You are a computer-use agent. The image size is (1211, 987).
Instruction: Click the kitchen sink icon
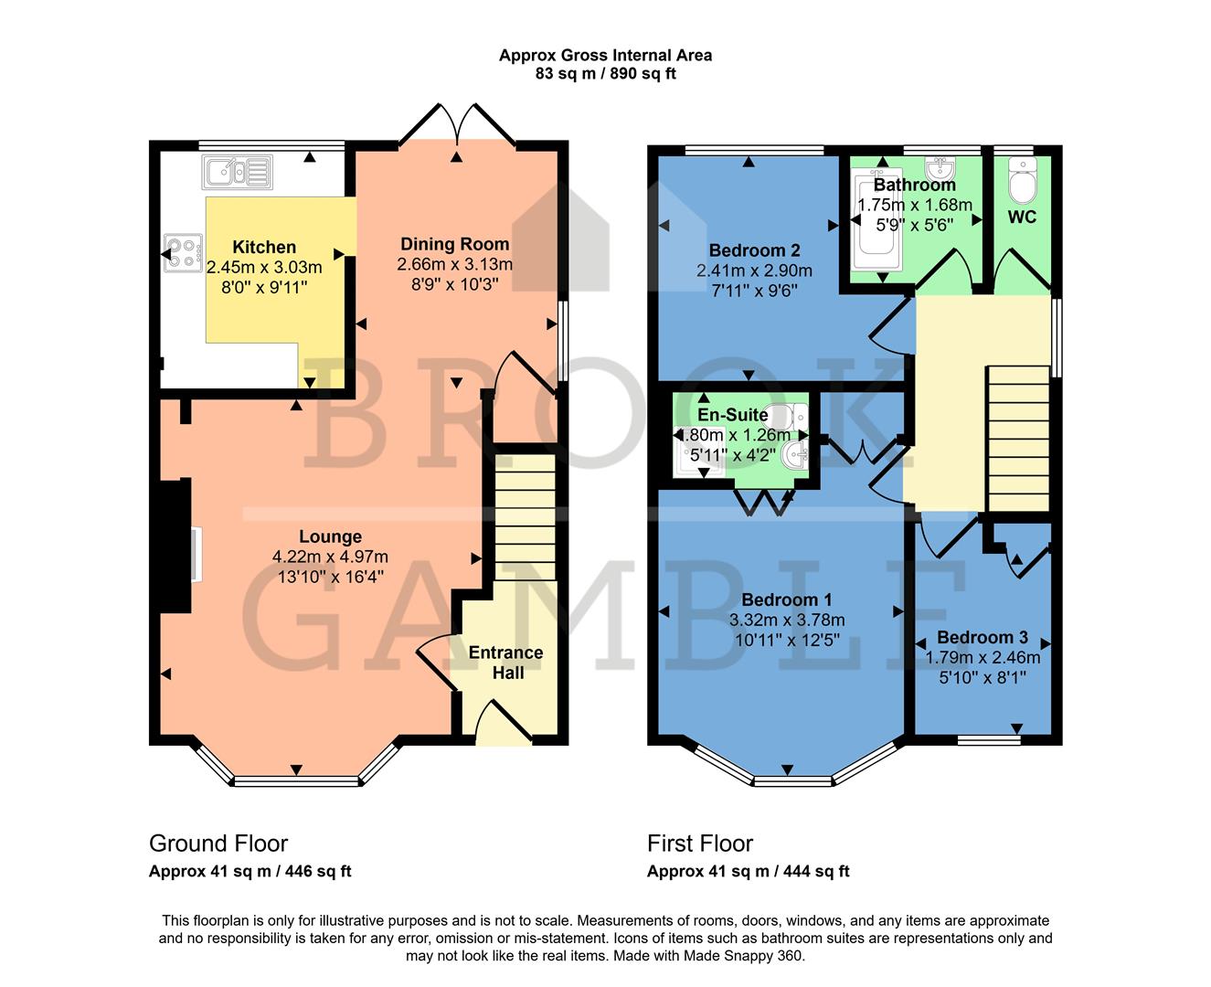[x=239, y=171]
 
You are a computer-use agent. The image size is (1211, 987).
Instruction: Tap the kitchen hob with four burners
[x=183, y=253]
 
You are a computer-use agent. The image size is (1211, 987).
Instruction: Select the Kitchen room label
[x=264, y=247]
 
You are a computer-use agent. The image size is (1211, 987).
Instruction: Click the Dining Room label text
[x=454, y=244]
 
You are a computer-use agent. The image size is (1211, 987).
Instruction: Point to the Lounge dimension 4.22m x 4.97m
[x=330, y=557]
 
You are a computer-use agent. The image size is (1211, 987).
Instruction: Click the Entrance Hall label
[x=506, y=663]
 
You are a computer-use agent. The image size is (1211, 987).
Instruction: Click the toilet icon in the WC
[x=1021, y=181]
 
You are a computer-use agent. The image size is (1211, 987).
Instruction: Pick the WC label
[x=1022, y=218]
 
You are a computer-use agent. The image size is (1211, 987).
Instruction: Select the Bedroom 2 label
[x=754, y=250]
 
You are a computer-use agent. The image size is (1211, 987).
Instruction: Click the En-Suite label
[x=732, y=415]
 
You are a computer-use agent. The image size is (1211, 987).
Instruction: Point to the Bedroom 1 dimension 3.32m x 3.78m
[x=786, y=620]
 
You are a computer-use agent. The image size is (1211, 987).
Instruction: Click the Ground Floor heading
[x=218, y=844]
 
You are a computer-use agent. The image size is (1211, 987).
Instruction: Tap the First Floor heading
[x=700, y=844]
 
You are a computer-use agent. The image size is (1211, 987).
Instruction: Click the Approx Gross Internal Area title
[x=605, y=55]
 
